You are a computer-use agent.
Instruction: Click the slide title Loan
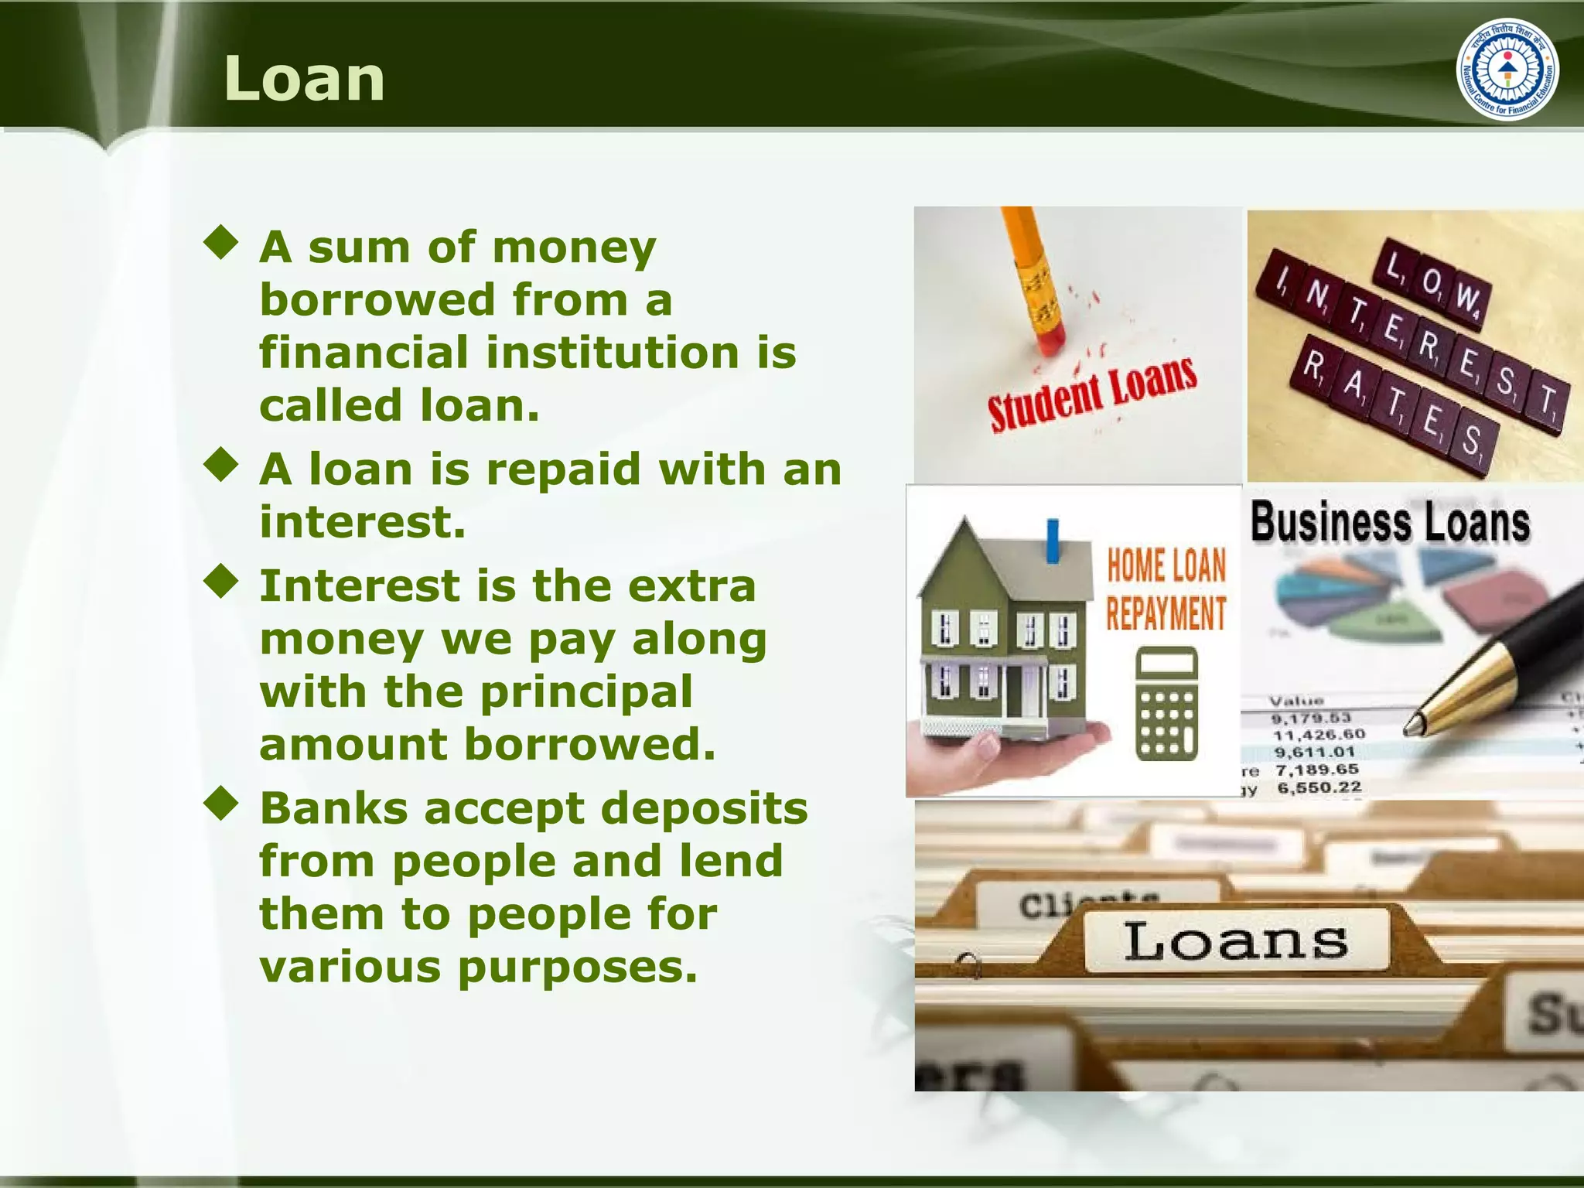(304, 79)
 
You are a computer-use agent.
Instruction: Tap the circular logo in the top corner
(1507, 69)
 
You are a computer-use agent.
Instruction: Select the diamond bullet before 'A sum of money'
(221, 242)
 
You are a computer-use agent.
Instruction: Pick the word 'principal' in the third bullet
(586, 692)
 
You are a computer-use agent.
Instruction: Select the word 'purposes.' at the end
(578, 967)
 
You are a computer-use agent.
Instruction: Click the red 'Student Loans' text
(1092, 394)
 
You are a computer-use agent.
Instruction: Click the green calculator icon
(1166, 704)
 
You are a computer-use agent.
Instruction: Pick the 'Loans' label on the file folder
(1235, 941)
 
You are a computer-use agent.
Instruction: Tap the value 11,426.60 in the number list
(1319, 734)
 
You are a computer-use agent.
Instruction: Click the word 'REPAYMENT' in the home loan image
(1166, 613)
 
